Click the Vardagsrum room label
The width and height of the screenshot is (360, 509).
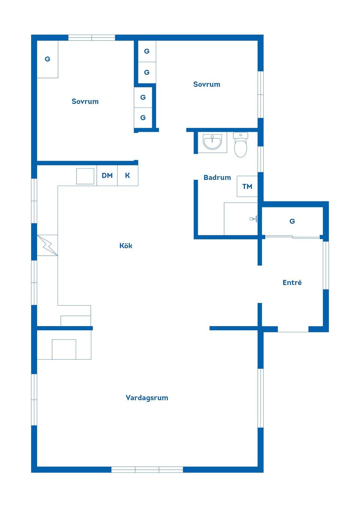[147, 398]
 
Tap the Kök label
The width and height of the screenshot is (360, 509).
[126, 246]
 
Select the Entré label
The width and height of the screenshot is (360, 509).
[292, 282]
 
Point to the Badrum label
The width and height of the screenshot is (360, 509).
[217, 177]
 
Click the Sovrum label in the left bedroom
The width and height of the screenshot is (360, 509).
[85, 101]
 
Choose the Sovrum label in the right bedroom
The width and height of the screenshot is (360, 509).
[207, 84]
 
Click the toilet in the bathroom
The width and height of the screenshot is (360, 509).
[240, 145]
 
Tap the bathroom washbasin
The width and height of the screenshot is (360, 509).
[212, 142]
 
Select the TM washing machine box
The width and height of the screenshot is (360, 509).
[247, 186]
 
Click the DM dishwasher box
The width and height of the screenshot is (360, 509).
[107, 175]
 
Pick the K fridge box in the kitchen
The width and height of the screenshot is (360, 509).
[128, 175]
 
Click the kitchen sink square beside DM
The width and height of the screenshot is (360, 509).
[85, 176]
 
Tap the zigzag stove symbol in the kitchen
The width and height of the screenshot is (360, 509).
[47, 245]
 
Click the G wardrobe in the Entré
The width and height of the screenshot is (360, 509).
[292, 221]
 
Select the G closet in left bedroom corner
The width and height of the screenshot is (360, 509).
[48, 59]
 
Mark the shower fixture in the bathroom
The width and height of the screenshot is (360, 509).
[254, 219]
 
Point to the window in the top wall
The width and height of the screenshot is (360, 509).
[91, 38]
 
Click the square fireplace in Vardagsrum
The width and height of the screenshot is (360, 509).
[64, 349]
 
